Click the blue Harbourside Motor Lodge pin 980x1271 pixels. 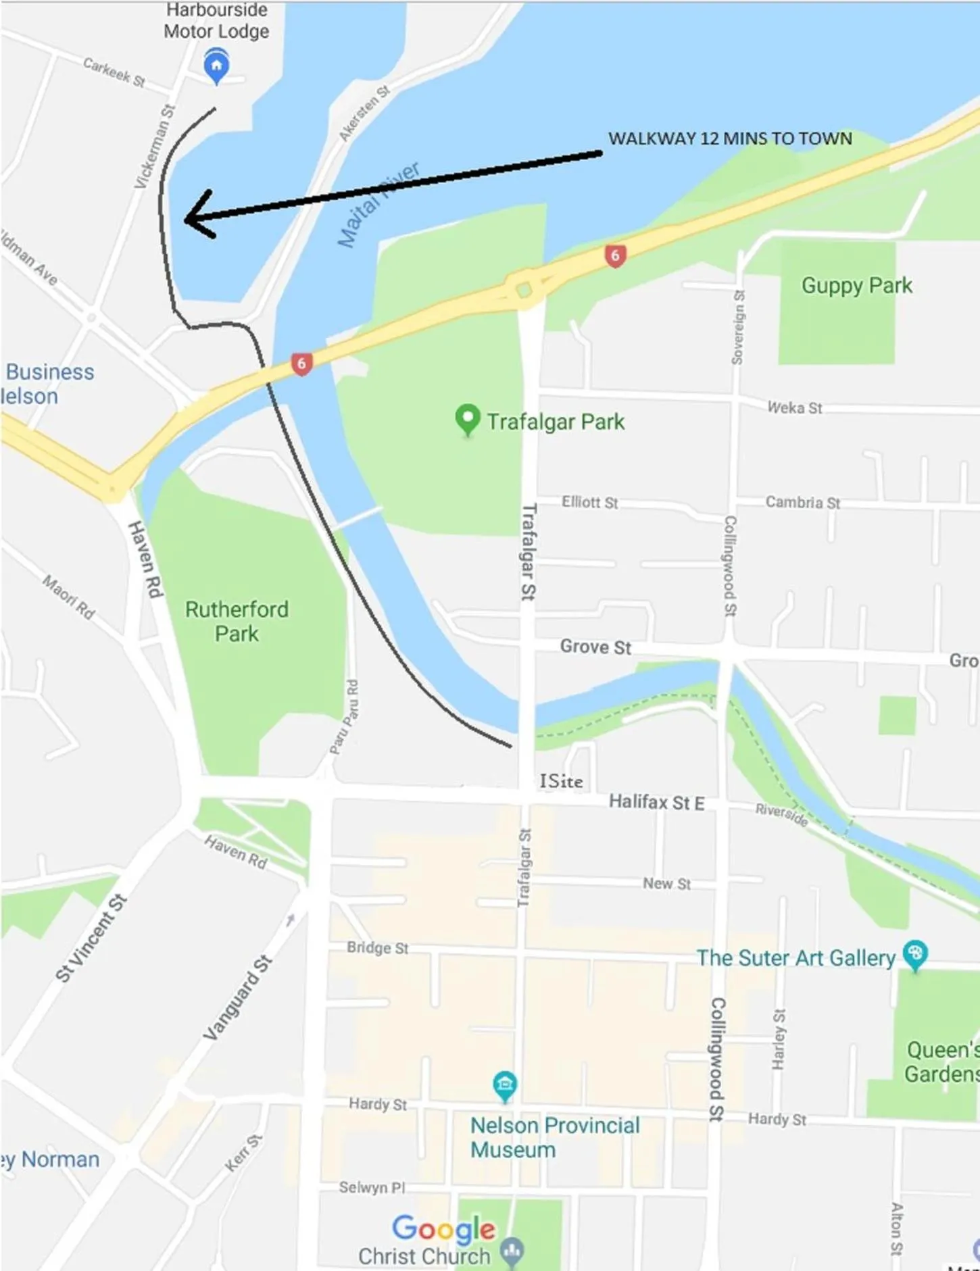pyautogui.click(x=216, y=65)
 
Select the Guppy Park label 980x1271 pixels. pyautogui.click(x=856, y=286)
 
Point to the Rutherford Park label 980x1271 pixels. pyautogui.click(x=237, y=621)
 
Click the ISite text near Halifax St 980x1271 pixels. pyautogui.click(x=561, y=781)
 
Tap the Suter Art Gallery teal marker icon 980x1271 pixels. pyautogui.click(x=915, y=954)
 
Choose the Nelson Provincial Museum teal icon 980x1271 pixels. pyautogui.click(x=505, y=1085)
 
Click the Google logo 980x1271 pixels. pyautogui.click(x=444, y=1229)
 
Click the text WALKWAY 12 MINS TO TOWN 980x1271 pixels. pyautogui.click(x=730, y=139)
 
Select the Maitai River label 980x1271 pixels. pyautogui.click(x=378, y=205)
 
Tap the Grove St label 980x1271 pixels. pyautogui.click(x=595, y=647)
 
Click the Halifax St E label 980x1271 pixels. pyautogui.click(x=656, y=802)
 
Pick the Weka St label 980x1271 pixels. pyautogui.click(x=795, y=407)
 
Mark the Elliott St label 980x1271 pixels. pyautogui.click(x=589, y=502)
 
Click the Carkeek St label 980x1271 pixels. pyautogui.click(x=114, y=72)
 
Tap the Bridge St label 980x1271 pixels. pyautogui.click(x=377, y=947)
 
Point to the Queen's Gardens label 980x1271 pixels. pyautogui.click(x=942, y=1062)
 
